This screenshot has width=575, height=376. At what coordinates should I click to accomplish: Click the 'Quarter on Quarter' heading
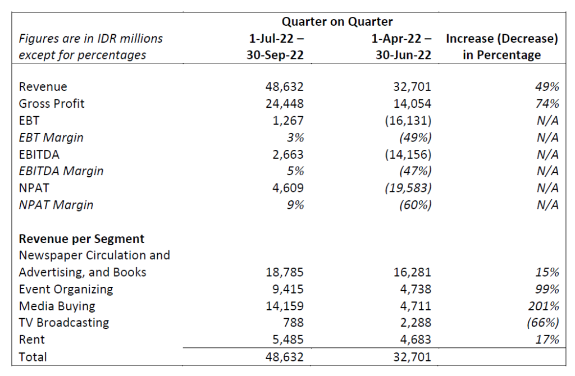pos(337,22)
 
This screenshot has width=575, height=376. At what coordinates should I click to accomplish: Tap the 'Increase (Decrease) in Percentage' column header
pos(501,47)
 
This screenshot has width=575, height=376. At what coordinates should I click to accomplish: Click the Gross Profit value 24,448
pos(285,104)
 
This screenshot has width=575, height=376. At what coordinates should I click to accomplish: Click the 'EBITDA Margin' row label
pos(61,171)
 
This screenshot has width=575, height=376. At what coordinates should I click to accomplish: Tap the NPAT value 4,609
pos(288,188)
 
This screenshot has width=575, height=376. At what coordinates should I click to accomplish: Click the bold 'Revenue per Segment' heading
pos(81,239)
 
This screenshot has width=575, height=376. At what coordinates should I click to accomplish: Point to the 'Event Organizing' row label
pos(66,289)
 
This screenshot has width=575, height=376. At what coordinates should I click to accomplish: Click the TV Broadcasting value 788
pos(294,323)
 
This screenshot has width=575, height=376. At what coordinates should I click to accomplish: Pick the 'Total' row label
pos(33,357)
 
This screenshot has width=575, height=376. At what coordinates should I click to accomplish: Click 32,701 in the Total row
pos(412,357)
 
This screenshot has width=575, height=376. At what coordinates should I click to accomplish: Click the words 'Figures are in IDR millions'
pos(91,39)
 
